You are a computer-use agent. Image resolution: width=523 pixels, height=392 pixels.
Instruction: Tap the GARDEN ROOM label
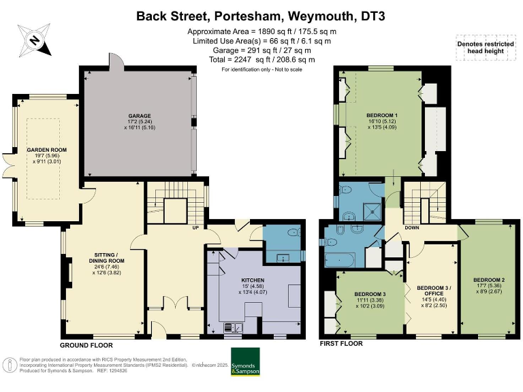click(x=47, y=150)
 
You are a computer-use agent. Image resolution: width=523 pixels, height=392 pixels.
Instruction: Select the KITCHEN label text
click(x=253, y=280)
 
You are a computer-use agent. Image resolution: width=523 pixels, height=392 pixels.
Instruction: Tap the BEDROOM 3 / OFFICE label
click(x=434, y=291)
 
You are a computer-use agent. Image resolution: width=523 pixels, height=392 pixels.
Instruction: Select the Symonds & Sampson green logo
click(x=245, y=361)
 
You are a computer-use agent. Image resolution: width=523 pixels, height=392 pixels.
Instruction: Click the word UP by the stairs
click(x=195, y=228)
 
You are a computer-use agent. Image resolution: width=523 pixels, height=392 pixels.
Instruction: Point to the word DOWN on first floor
click(x=412, y=228)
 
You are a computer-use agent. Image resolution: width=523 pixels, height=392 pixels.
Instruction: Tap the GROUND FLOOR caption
click(x=86, y=345)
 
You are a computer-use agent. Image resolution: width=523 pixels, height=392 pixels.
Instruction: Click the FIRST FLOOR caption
click(x=341, y=343)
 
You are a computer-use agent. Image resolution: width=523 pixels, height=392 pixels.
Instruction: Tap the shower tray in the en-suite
click(x=372, y=212)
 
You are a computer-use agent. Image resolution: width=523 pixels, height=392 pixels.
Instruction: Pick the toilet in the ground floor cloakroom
click(x=294, y=232)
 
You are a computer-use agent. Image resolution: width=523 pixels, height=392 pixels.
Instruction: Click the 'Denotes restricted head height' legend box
click(x=486, y=48)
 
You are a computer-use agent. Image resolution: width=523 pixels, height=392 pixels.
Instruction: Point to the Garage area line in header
click(x=261, y=50)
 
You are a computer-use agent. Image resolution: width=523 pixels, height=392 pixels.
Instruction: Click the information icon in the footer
click(x=10, y=365)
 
